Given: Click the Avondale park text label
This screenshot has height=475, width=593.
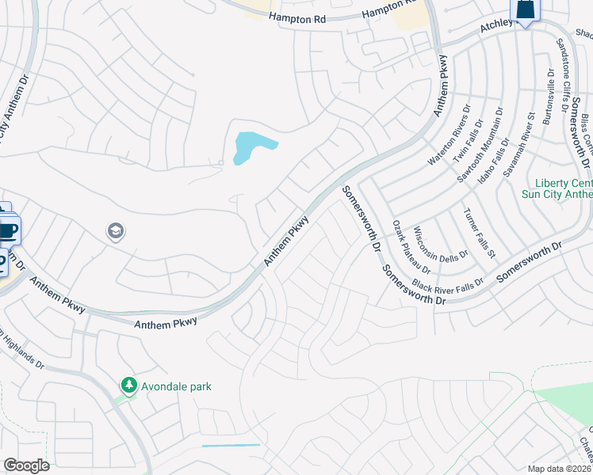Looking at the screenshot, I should [x=177, y=386].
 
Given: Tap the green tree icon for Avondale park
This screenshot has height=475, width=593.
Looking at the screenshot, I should [x=128, y=385].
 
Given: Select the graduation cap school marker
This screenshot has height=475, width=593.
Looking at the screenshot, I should [x=116, y=231].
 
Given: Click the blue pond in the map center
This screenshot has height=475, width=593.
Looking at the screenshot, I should [x=253, y=146].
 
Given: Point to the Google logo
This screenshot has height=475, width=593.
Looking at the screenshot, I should [x=26, y=465].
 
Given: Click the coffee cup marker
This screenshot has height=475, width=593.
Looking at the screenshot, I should [x=7, y=231].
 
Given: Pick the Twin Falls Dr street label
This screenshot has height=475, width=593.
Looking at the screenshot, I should [x=467, y=142].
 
